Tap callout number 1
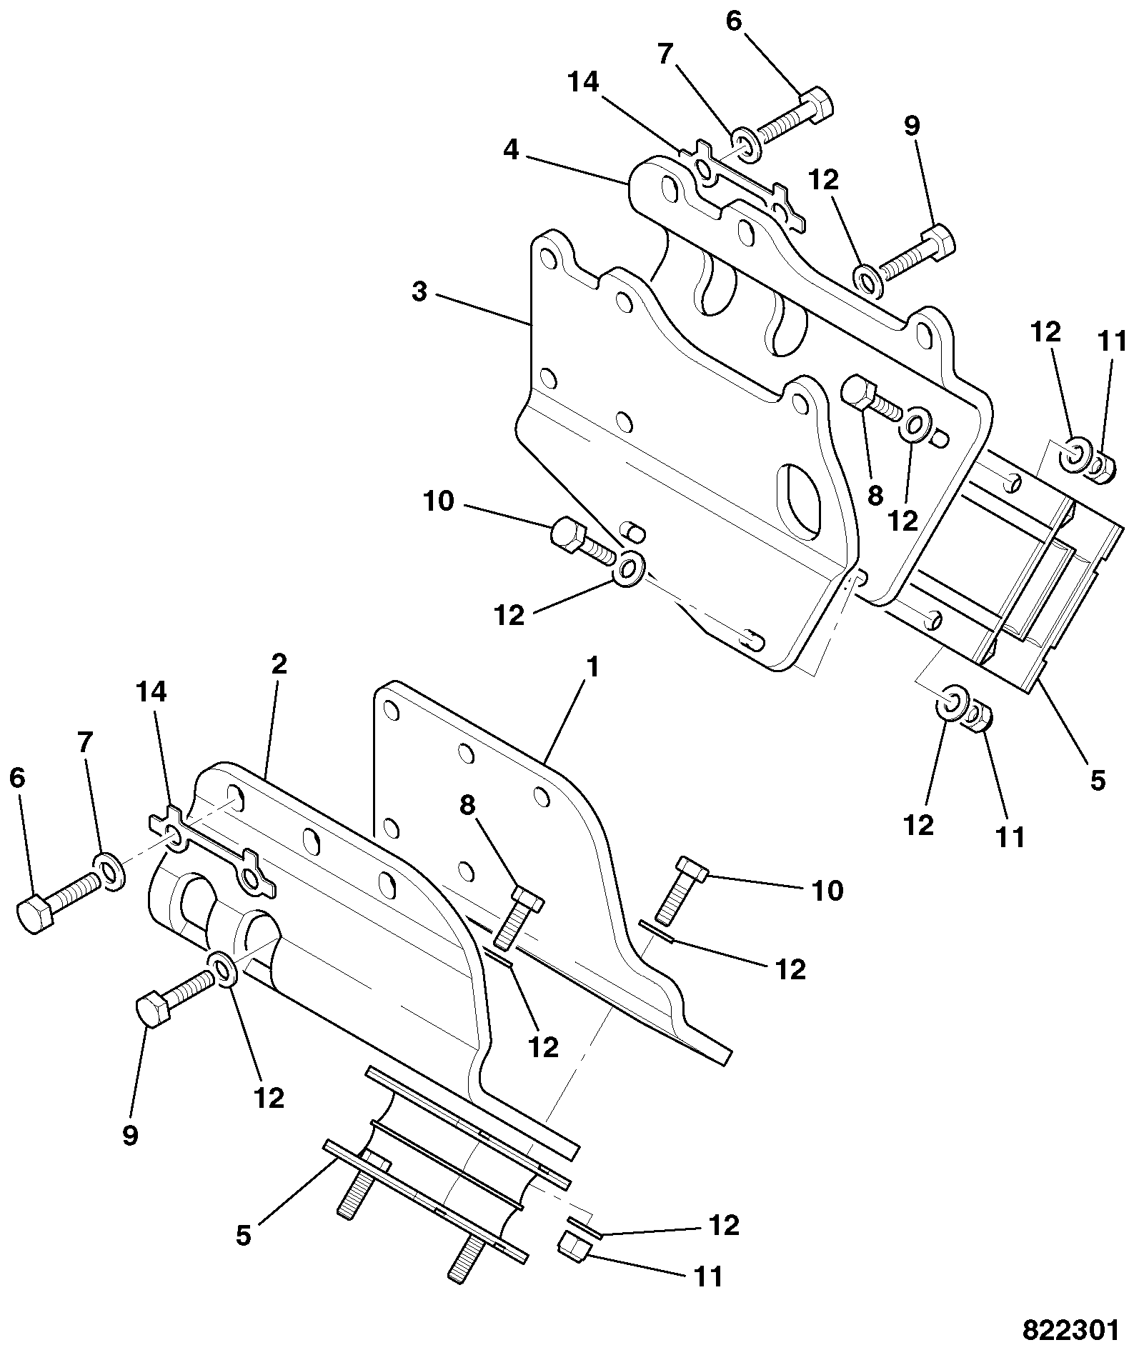point(592,668)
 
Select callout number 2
point(279,664)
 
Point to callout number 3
point(420,292)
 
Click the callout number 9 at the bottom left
point(129,1135)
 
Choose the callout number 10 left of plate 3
point(438,501)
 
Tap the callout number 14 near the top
point(584,82)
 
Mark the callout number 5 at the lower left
point(244,1235)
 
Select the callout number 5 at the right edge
point(1097,779)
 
